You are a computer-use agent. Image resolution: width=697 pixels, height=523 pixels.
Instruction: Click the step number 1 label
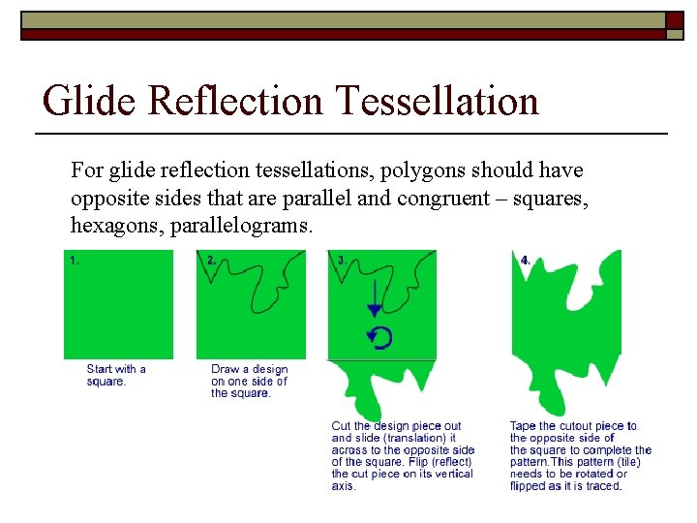click(74, 260)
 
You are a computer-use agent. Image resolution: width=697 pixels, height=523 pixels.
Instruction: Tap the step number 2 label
click(212, 260)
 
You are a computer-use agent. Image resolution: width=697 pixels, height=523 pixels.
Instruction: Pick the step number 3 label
click(342, 260)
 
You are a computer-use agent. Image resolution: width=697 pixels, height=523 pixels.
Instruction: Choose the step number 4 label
click(526, 260)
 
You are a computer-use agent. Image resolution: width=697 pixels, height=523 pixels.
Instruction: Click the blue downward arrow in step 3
click(375, 300)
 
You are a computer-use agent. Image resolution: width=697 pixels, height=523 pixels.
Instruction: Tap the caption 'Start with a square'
click(115, 375)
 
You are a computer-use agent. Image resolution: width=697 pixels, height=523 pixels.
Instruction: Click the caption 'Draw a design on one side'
click(249, 381)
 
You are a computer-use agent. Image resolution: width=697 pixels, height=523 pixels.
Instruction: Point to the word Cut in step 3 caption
click(341, 426)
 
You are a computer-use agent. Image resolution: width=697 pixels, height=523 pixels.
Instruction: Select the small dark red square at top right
click(675, 20)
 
